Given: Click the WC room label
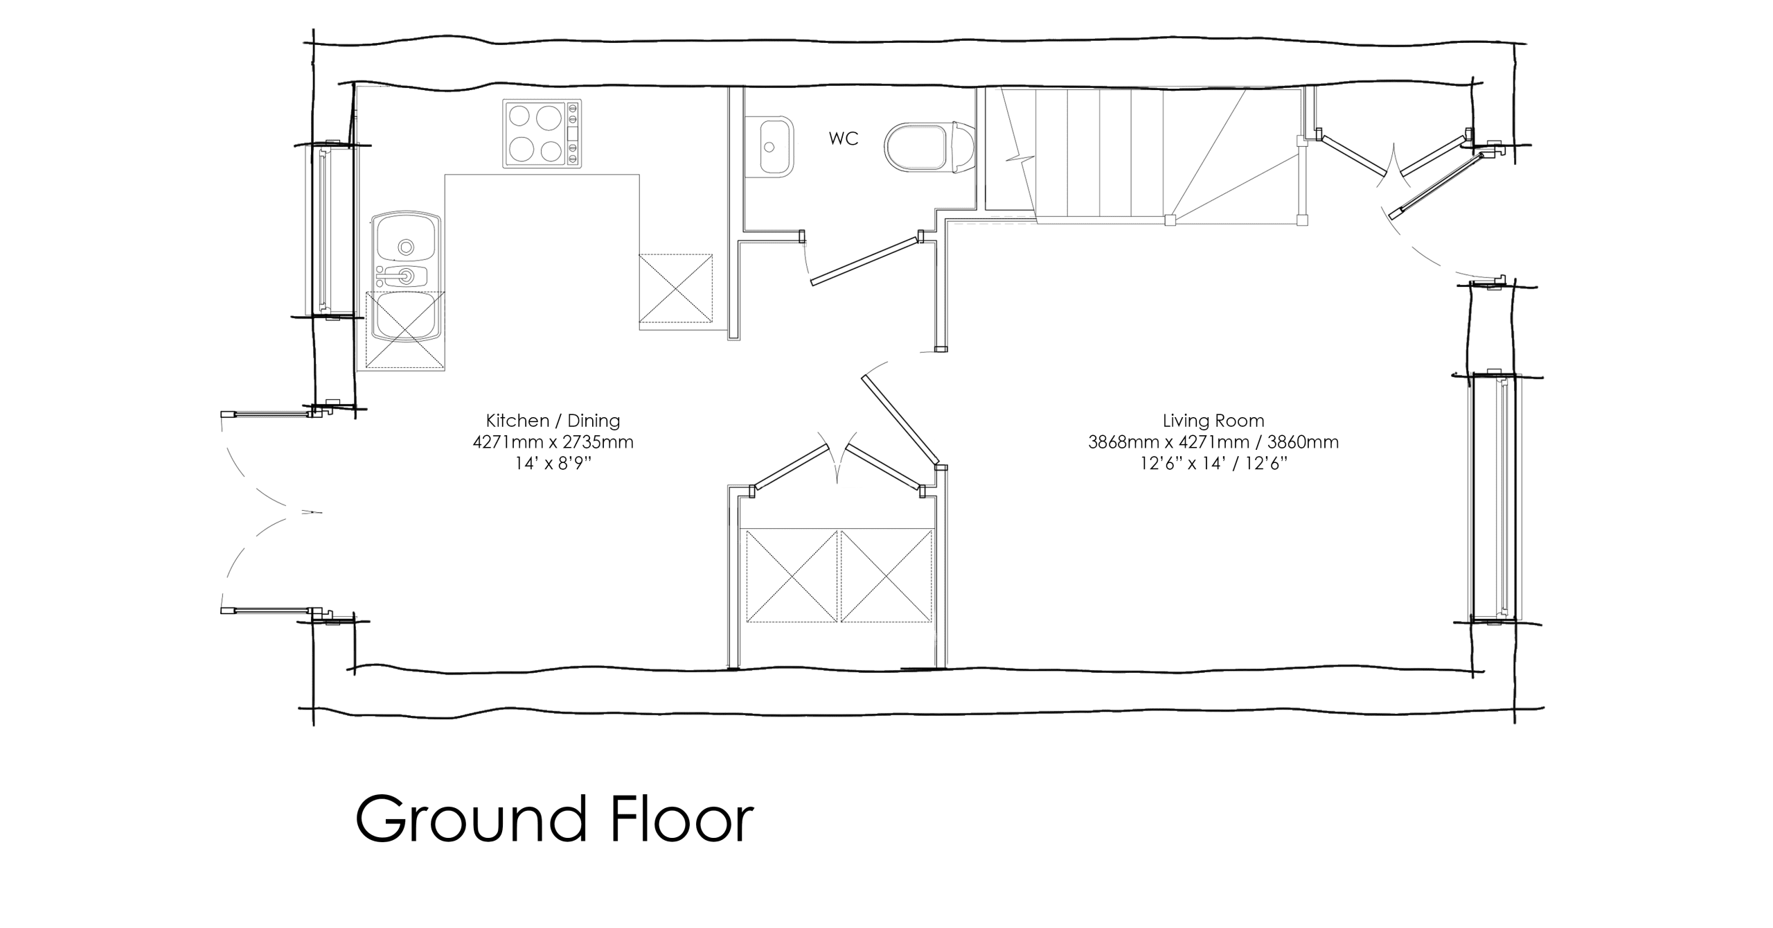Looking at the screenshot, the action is click(x=844, y=139).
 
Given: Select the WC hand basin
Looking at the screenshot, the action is click(x=776, y=148).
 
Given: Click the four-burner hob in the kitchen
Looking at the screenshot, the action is click(x=542, y=133).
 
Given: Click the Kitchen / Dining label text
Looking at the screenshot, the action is click(x=553, y=421).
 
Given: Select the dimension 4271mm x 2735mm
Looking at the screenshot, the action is click(x=553, y=442).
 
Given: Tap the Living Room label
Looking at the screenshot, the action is click(x=1213, y=421).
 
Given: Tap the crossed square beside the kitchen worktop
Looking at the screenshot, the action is click(x=675, y=289).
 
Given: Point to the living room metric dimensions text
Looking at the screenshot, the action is click(x=1213, y=442).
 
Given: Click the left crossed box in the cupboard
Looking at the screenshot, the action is click(x=792, y=576).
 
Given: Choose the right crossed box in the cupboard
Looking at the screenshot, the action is click(x=886, y=576).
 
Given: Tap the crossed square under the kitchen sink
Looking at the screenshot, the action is click(x=404, y=329).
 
